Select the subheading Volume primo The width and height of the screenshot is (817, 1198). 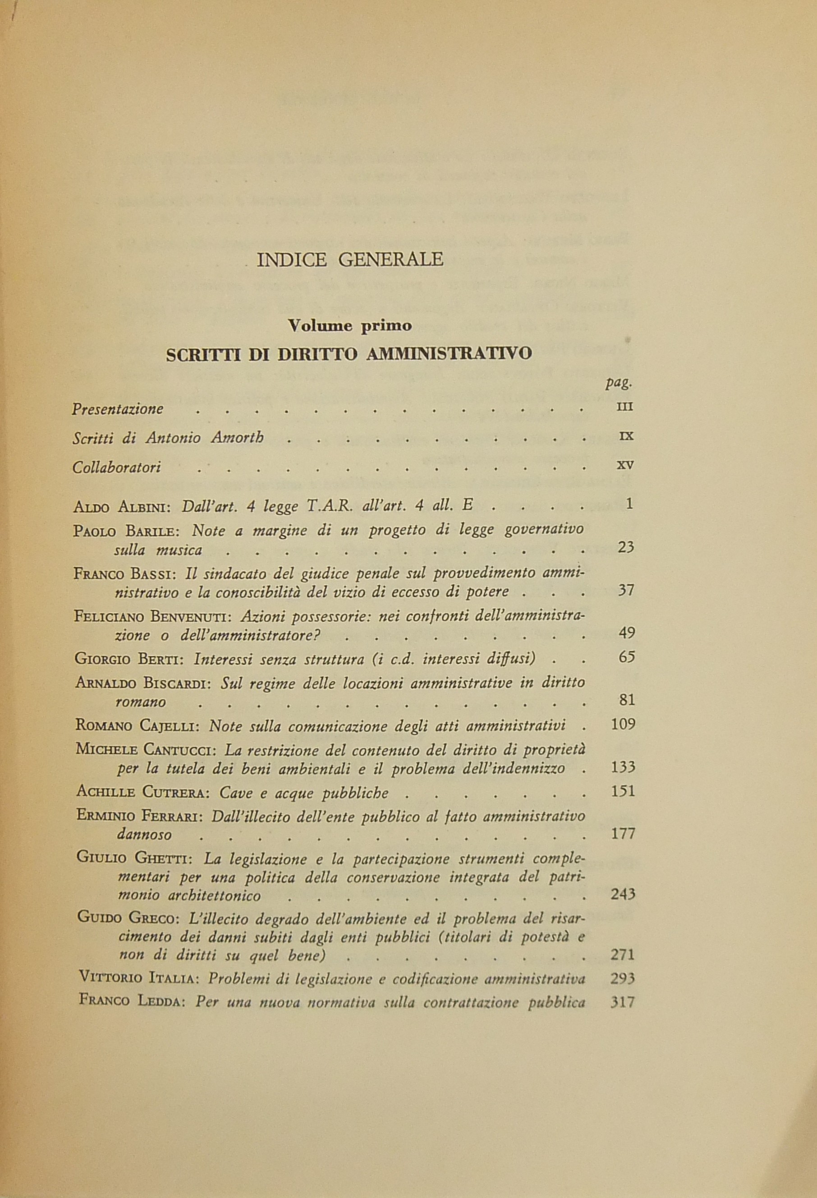tap(350, 326)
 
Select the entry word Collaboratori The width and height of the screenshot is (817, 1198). tap(116, 467)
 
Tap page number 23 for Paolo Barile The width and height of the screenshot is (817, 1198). tap(625, 547)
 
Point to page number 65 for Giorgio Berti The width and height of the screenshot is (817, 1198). tap(626, 657)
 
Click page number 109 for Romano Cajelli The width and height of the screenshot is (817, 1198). tap(623, 725)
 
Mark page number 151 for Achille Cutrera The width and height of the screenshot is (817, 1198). tap(623, 791)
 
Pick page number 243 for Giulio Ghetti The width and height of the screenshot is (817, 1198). tap(623, 894)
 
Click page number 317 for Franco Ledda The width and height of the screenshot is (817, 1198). tap(623, 1002)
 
